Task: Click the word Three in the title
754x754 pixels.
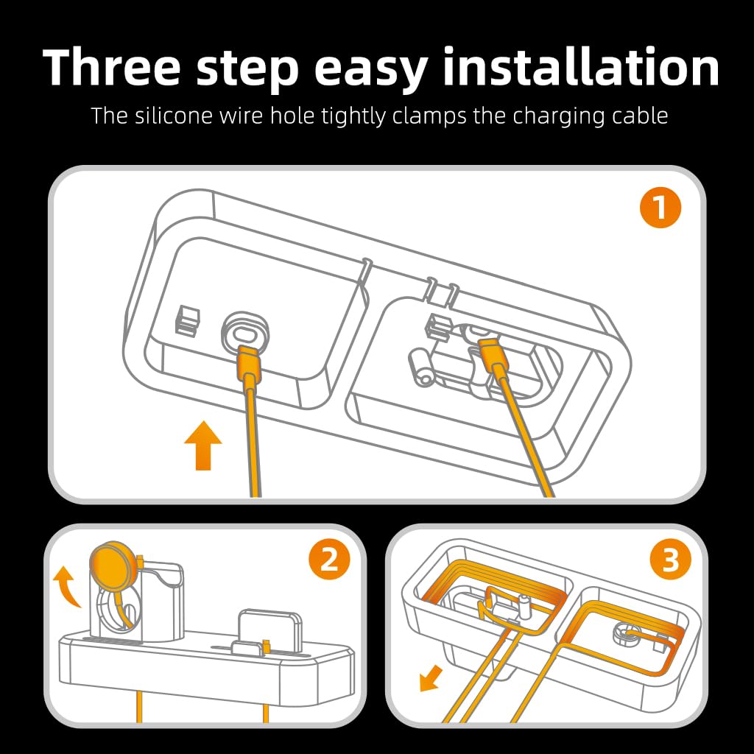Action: (x=112, y=67)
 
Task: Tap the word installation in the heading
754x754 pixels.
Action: (x=580, y=67)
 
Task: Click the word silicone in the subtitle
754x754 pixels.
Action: (x=173, y=116)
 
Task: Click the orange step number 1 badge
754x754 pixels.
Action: (x=660, y=207)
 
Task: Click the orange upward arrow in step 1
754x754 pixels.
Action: (x=203, y=445)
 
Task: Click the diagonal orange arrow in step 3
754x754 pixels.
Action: (x=431, y=677)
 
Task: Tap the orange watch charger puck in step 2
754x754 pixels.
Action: (x=114, y=566)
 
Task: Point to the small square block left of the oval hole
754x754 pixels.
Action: (x=188, y=320)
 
